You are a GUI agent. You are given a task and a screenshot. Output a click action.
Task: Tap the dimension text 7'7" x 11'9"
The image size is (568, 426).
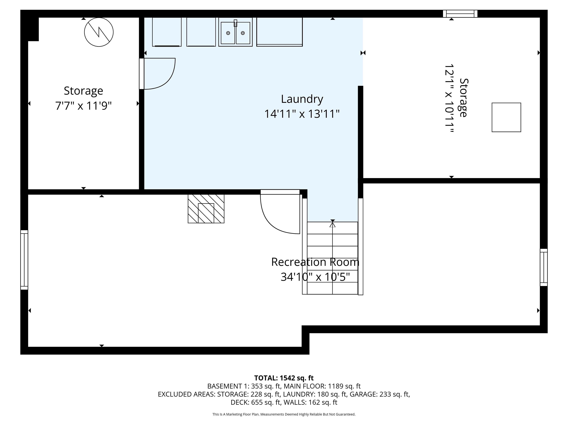pyautogui.click(x=83, y=105)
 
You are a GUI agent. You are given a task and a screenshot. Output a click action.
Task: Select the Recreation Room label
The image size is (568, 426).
pyautogui.click(x=315, y=262)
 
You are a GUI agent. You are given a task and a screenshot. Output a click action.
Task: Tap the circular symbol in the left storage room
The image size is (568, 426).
pyautogui.click(x=99, y=32)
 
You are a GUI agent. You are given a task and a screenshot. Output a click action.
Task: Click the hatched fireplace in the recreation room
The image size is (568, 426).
pyautogui.click(x=206, y=209)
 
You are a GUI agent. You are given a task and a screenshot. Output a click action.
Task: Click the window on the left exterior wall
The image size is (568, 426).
pyautogui.click(x=24, y=260)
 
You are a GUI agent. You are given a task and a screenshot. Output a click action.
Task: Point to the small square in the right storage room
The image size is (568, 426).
pyautogui.click(x=506, y=117)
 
